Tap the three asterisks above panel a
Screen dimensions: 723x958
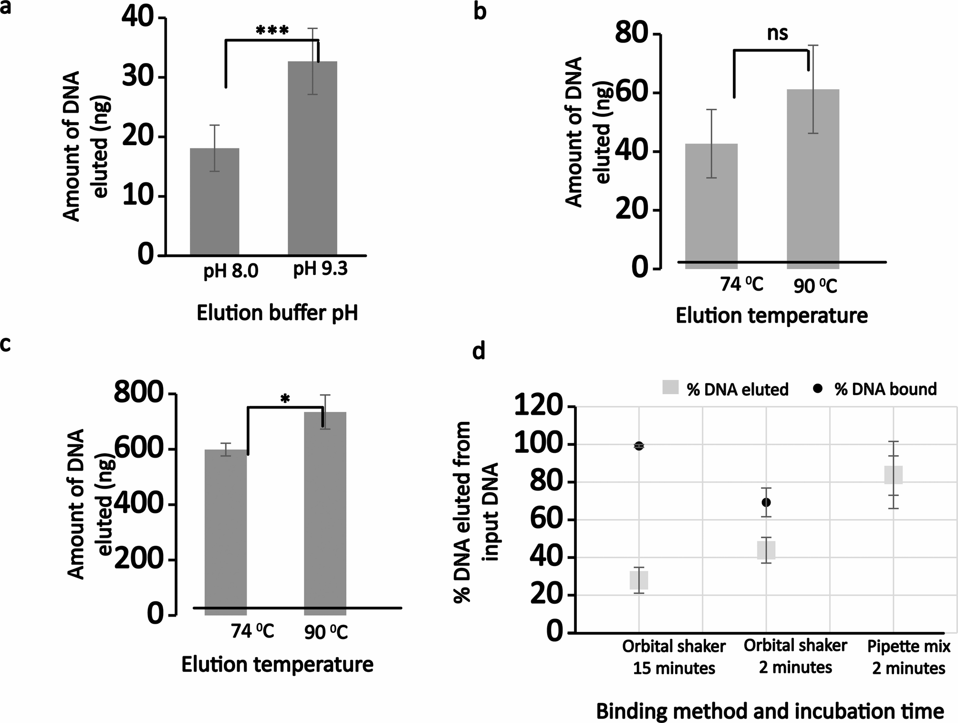coord(272,31)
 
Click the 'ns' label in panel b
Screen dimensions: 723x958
coord(777,33)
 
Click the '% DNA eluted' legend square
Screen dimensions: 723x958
coord(670,388)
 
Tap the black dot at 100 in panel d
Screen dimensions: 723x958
coord(639,446)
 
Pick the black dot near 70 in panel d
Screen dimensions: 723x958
coord(766,503)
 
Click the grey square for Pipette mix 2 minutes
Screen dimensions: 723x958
coord(893,475)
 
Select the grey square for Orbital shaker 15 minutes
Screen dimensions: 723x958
coord(639,580)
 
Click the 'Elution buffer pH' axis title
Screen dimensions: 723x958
coord(277,314)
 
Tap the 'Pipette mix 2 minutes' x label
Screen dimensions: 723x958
coord(908,657)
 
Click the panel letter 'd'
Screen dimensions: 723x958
coord(479,352)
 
